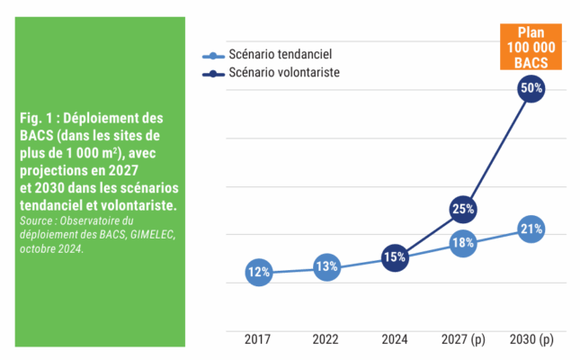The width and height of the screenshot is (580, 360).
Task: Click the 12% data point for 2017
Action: [x=259, y=272]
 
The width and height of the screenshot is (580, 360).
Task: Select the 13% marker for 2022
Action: [x=326, y=266]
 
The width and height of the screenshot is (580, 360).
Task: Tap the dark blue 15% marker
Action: [x=395, y=257]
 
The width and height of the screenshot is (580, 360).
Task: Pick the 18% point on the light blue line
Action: [x=463, y=243]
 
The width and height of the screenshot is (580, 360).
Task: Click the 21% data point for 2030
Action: [x=531, y=229]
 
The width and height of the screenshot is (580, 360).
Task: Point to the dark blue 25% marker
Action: [x=463, y=210]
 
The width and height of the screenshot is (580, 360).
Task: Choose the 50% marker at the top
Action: [x=531, y=88]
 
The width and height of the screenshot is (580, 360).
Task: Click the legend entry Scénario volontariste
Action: [x=283, y=72]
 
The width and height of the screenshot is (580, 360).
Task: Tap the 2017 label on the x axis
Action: [x=258, y=339]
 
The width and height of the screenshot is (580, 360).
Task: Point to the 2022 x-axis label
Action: [x=326, y=339]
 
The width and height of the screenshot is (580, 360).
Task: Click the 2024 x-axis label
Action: [x=395, y=339]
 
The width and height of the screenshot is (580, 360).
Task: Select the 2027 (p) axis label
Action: [x=463, y=339]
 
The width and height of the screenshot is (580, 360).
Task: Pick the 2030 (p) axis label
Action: [x=531, y=339]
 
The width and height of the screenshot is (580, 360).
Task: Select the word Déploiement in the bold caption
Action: [x=103, y=118]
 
